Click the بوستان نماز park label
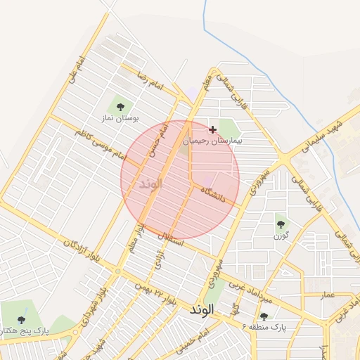point(123,119)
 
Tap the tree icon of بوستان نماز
point(120,107)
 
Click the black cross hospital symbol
point(212,129)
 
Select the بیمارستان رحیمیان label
point(212,141)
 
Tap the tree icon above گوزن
point(281,224)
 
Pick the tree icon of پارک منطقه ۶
point(264,316)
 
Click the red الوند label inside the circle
point(150,184)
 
